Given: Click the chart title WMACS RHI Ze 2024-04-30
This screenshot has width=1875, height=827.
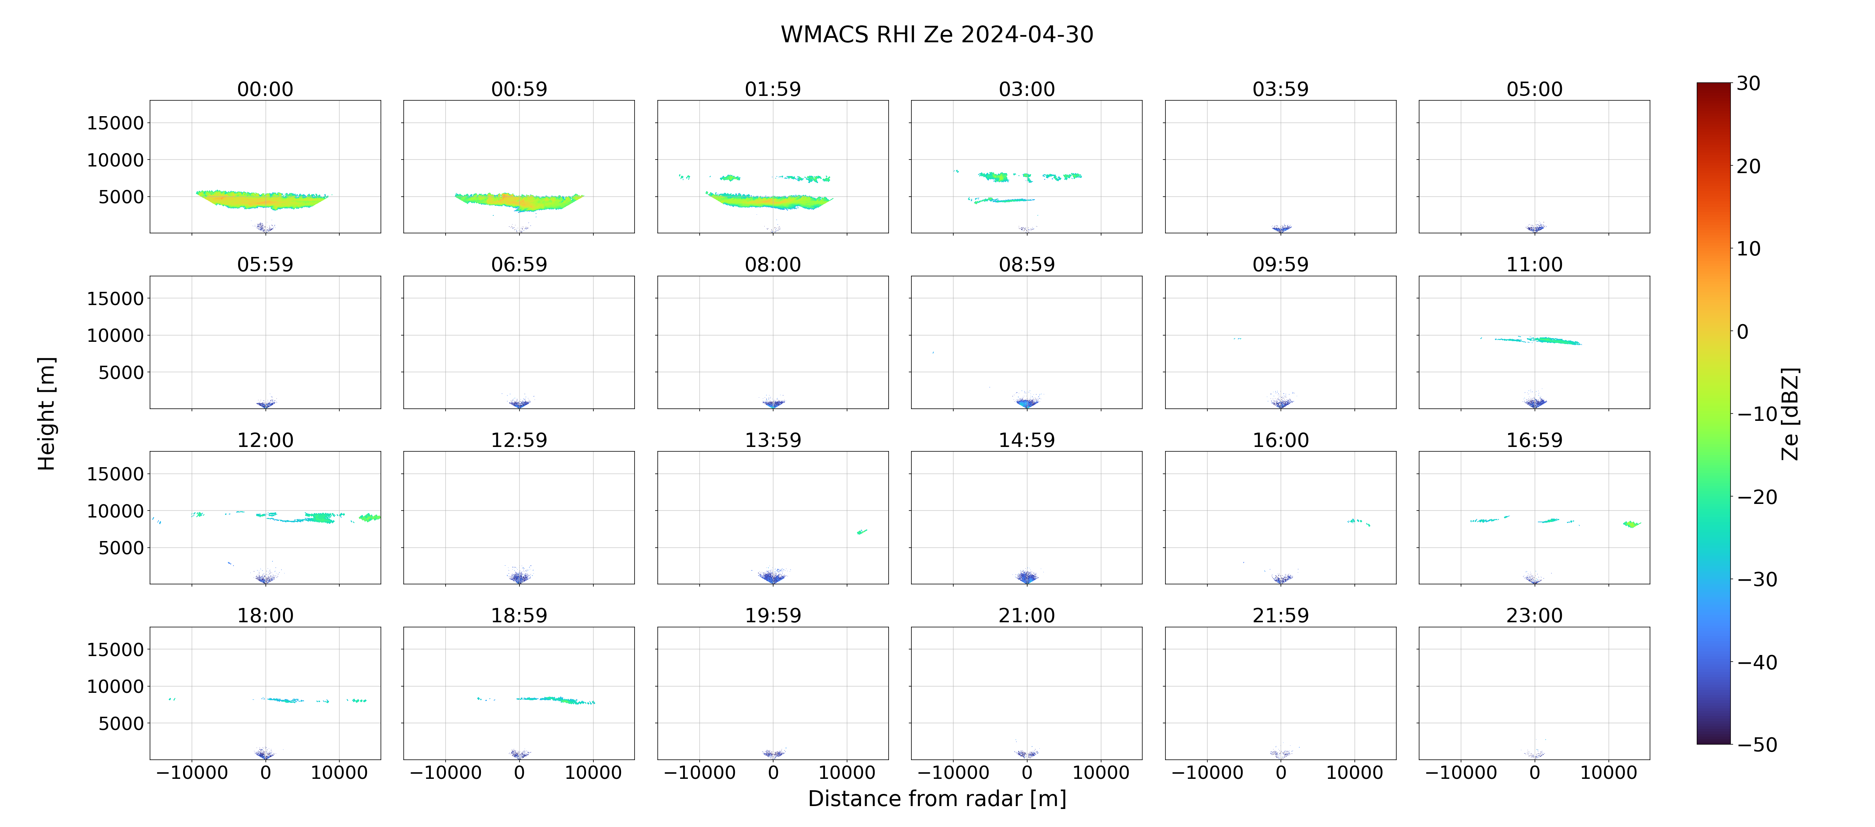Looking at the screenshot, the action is point(937,34).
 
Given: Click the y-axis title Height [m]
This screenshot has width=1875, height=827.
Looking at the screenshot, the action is point(46,413).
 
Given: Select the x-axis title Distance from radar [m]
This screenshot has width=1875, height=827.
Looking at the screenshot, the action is point(937,799).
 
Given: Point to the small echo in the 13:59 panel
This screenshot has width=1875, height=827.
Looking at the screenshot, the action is point(862,531).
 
